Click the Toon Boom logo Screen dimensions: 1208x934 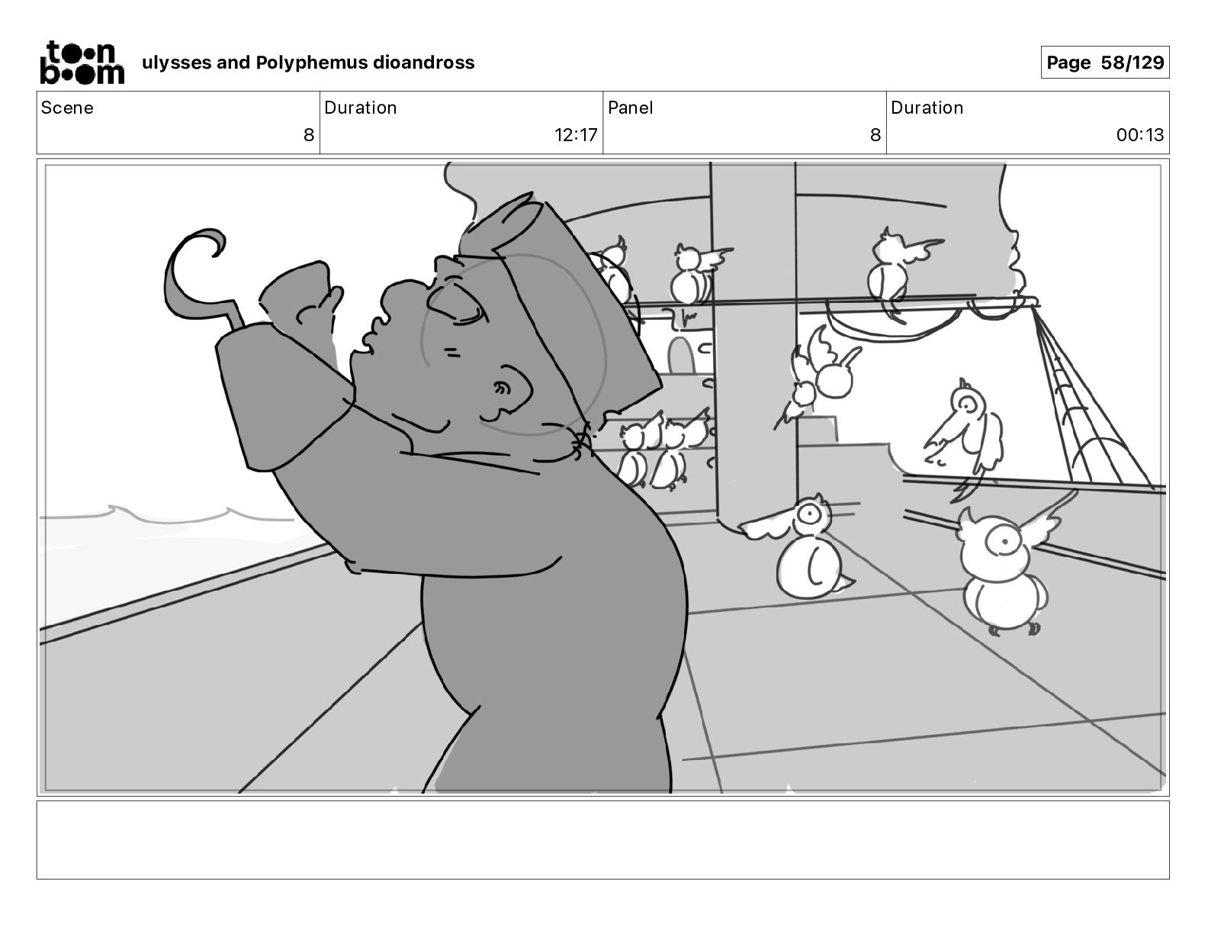(x=82, y=63)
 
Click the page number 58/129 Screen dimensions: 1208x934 (x=1132, y=63)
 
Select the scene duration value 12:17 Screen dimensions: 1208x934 (x=576, y=134)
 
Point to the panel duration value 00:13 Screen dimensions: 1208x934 (x=1139, y=134)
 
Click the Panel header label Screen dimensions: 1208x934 (x=631, y=108)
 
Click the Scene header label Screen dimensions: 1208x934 (x=67, y=108)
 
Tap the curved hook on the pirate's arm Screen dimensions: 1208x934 (x=194, y=279)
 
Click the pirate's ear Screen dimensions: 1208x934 (x=510, y=389)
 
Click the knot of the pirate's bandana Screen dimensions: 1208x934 (x=581, y=440)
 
